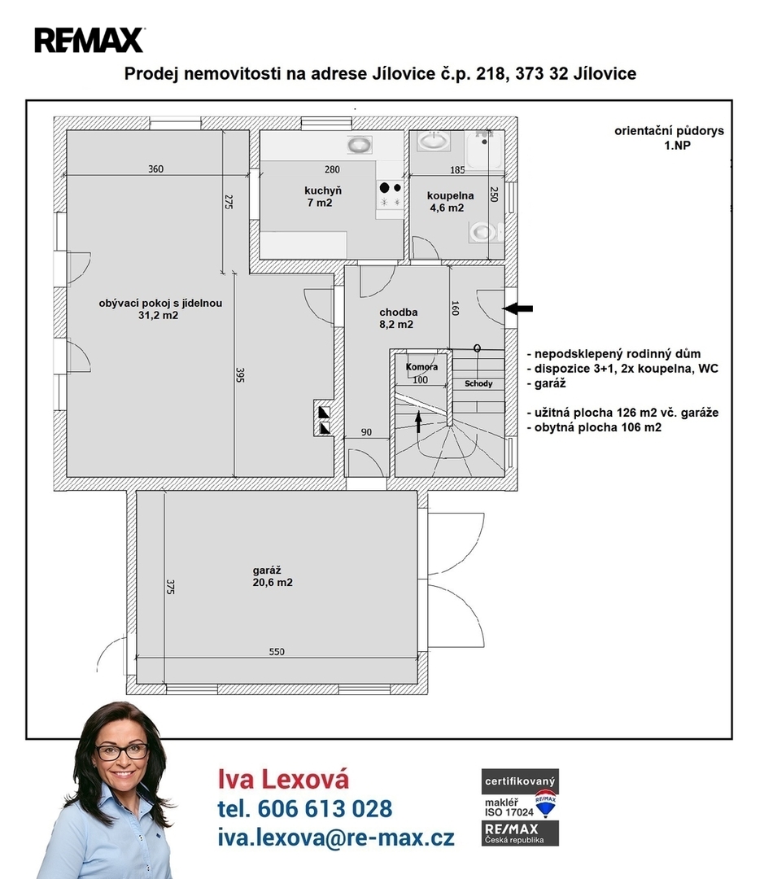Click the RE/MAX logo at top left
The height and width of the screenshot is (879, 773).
coord(90,40)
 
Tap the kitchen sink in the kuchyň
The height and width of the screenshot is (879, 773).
coord(359,145)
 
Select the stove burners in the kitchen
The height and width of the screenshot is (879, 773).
coord(391,195)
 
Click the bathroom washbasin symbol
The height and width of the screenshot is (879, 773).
coord(434,141)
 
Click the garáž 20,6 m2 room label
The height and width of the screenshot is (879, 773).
coord(273,576)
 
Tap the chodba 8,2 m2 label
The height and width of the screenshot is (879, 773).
coord(397,318)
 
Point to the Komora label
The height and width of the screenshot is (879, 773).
coord(421,367)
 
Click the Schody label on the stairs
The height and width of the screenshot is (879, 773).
coord(478,383)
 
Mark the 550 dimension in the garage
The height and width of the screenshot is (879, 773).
coord(277,651)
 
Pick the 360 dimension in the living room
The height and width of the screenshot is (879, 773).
coord(156,168)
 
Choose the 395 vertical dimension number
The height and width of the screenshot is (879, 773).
coord(241,375)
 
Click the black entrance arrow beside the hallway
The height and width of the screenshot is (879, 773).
coord(518,308)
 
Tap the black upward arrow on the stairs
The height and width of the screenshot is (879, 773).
coord(417,422)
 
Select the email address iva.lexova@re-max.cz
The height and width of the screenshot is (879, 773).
coord(336,837)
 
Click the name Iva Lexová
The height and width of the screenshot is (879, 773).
coord(283,779)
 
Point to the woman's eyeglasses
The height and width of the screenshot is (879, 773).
coord(121,750)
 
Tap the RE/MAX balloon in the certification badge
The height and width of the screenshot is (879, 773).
coord(545,802)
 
